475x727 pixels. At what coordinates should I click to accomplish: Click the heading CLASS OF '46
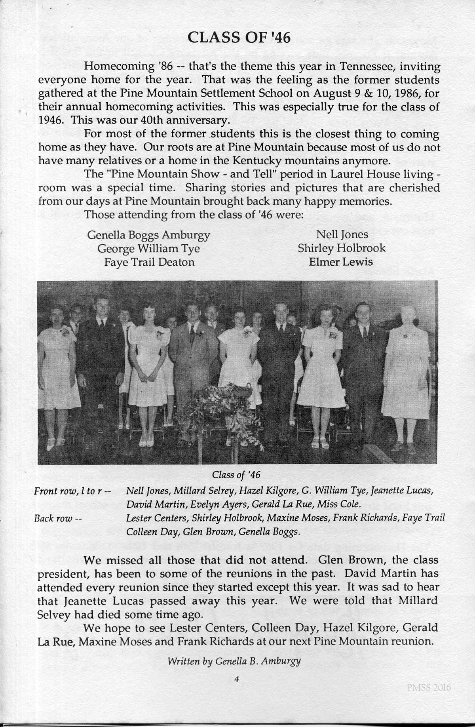pyautogui.click(x=239, y=38)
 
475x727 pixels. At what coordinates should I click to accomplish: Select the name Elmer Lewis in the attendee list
pyautogui.click(x=341, y=262)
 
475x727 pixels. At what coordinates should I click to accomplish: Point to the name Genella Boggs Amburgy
pyautogui.click(x=148, y=235)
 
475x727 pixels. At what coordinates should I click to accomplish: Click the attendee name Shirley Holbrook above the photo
pyautogui.click(x=341, y=248)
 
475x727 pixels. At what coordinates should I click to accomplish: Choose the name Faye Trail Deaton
pyautogui.click(x=149, y=262)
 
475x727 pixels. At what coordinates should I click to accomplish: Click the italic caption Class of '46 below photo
pyautogui.click(x=236, y=474)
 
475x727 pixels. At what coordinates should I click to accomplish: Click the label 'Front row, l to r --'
pyautogui.click(x=72, y=491)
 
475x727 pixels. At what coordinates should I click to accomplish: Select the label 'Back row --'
pyautogui.click(x=58, y=518)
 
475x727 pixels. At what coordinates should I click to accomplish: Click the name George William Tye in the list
pyautogui.click(x=148, y=248)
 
